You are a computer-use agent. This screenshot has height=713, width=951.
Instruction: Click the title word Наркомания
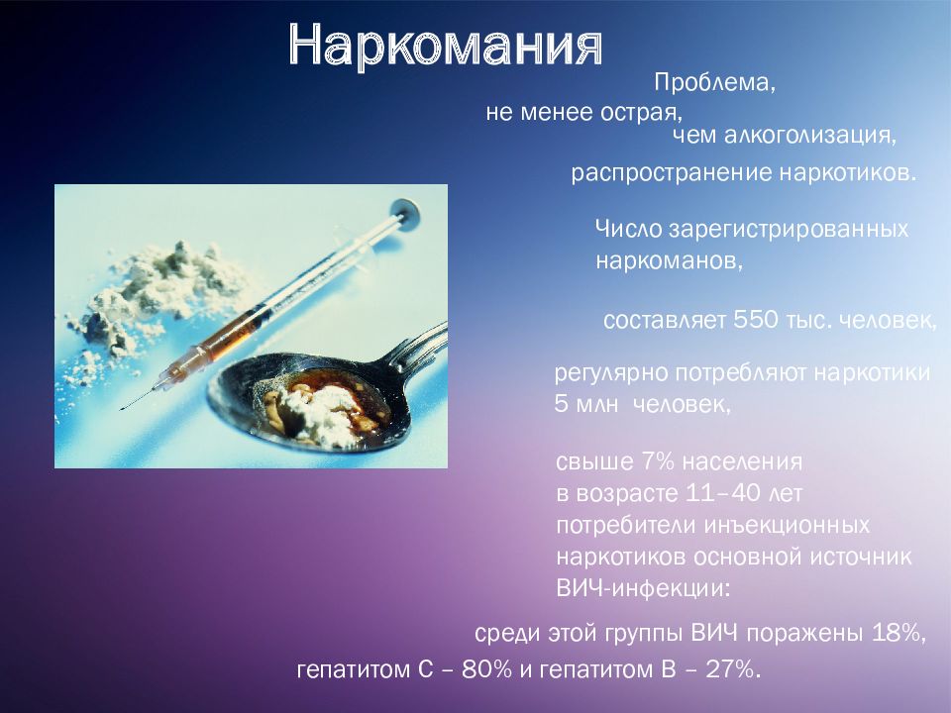(446, 46)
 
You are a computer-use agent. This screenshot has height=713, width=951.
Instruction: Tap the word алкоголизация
(806, 135)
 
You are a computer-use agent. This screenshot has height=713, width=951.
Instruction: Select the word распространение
(671, 173)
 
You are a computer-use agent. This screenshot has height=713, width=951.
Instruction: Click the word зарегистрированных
(789, 229)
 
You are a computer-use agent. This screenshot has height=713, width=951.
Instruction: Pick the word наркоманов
(666, 261)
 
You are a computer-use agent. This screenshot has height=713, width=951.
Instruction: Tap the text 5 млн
(585, 404)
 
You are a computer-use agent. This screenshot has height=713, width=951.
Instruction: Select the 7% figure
(658, 461)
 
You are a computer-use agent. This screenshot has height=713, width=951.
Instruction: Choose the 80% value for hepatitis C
(486, 669)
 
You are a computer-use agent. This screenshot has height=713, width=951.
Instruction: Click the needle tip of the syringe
(121, 409)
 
